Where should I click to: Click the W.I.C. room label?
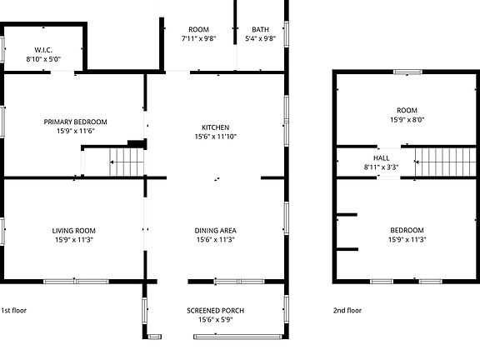coord(43,50)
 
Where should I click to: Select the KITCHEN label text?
coord(215,127)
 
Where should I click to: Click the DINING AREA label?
coord(215,230)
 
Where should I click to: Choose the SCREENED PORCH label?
coord(215,310)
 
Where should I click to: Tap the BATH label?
coord(260,29)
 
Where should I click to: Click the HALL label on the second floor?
coord(381,157)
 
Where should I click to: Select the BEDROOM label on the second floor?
coord(407,230)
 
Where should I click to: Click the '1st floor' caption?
coord(14,310)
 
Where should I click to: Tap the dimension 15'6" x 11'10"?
coord(215,137)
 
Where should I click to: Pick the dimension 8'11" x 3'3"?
coord(381,167)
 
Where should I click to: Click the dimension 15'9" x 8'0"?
coord(407,119)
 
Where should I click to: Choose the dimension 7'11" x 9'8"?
coord(198,38)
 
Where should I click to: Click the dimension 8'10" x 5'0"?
coord(43,59)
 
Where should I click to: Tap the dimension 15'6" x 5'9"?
coord(215,319)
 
